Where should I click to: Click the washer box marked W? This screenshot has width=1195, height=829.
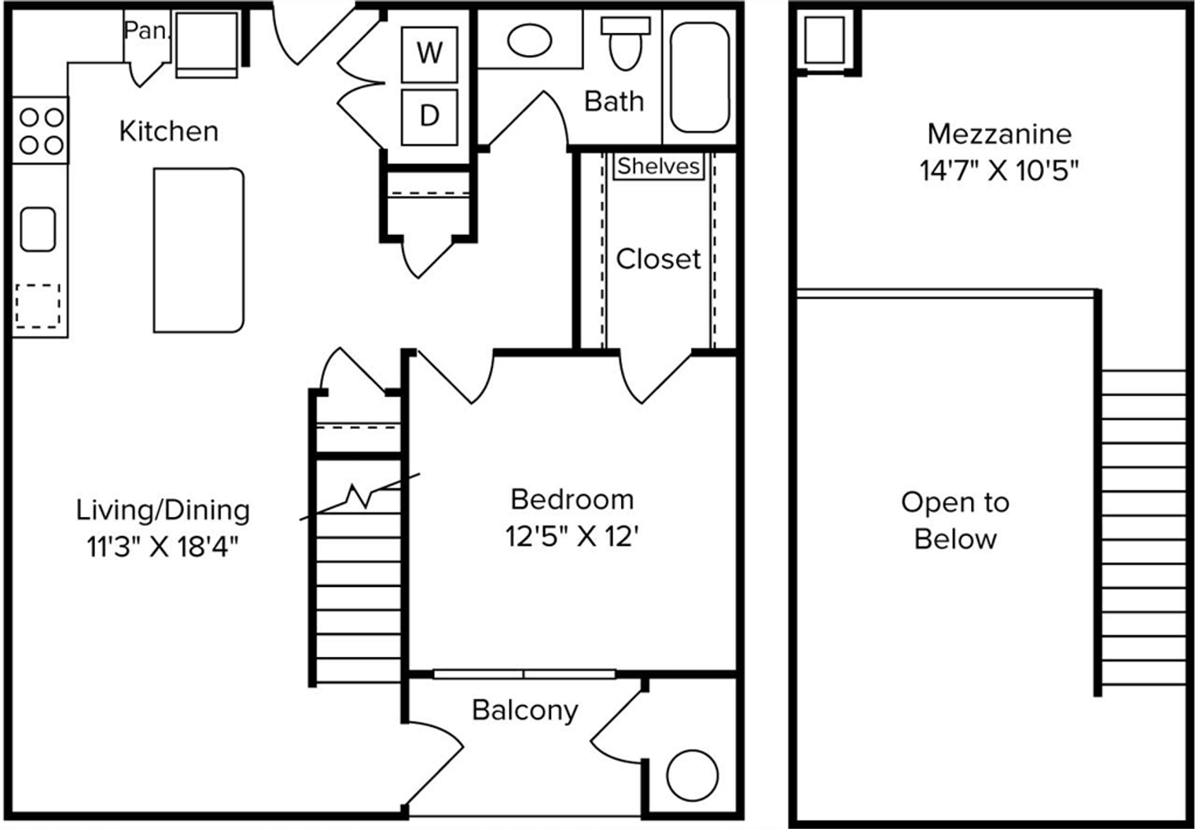pos(429,54)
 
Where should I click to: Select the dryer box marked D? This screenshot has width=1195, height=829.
pos(429,117)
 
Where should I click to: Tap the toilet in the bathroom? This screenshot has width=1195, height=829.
pos(625,44)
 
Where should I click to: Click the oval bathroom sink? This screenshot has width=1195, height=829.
pos(529,41)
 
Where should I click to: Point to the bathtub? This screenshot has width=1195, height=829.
pos(700,77)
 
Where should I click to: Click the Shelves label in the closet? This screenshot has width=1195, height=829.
pos(658,167)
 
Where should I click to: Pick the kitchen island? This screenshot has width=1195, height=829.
pos(199,251)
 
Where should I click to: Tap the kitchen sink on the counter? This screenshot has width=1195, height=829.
pos(38,229)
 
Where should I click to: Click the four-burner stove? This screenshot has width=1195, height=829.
pos(41,130)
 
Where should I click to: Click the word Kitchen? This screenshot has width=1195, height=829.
pos(168,131)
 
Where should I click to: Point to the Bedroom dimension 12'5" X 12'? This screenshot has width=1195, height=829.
pos(572,537)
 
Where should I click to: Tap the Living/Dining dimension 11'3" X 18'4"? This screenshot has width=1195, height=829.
pos(163,546)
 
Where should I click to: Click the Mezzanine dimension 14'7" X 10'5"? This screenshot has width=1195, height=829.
pos(998,171)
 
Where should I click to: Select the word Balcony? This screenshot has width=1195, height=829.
pos(525,710)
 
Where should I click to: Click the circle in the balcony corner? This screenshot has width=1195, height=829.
pos(693,776)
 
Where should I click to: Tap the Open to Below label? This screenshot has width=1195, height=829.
pos(955,521)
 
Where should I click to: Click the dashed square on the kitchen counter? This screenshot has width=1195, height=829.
pos(38,306)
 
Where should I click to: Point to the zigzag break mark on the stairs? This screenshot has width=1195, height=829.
pos(359,497)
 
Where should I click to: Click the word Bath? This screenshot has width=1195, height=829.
pos(614,101)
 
